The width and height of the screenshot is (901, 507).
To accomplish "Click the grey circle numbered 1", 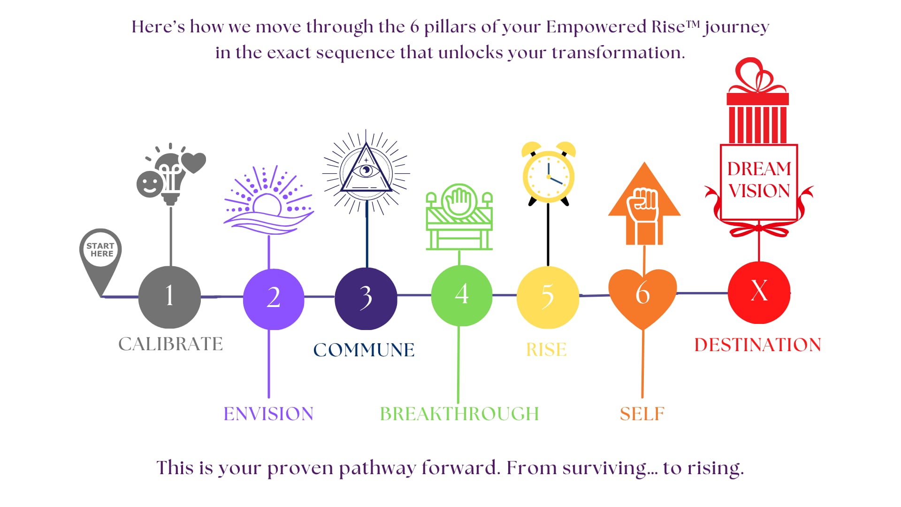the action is pos(169,297).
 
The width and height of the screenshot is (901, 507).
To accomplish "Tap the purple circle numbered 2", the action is pos(274,299).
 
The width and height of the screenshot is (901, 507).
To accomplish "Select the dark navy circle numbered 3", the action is pos(366,299).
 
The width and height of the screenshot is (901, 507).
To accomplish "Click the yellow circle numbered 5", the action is pos(548,297).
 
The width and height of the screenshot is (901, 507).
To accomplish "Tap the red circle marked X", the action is pos(759,292).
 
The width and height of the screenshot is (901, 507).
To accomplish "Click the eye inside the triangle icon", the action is pos(366,169).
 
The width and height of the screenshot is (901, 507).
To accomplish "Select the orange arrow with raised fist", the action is pos(644,203).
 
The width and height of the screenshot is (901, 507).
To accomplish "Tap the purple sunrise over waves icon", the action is pos(268,200).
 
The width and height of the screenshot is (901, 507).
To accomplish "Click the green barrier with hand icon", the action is pos(459,217).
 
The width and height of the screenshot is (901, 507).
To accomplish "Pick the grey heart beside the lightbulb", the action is pos(193,162).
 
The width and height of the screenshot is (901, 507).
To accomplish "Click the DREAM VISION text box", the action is pos(759,182).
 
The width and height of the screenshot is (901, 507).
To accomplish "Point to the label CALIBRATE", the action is pos(170,344).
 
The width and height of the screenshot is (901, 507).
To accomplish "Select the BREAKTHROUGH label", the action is pos(459,414).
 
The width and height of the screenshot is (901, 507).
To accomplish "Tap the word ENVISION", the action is pos(268,414).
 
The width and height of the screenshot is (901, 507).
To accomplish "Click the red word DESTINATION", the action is pos(758,345).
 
